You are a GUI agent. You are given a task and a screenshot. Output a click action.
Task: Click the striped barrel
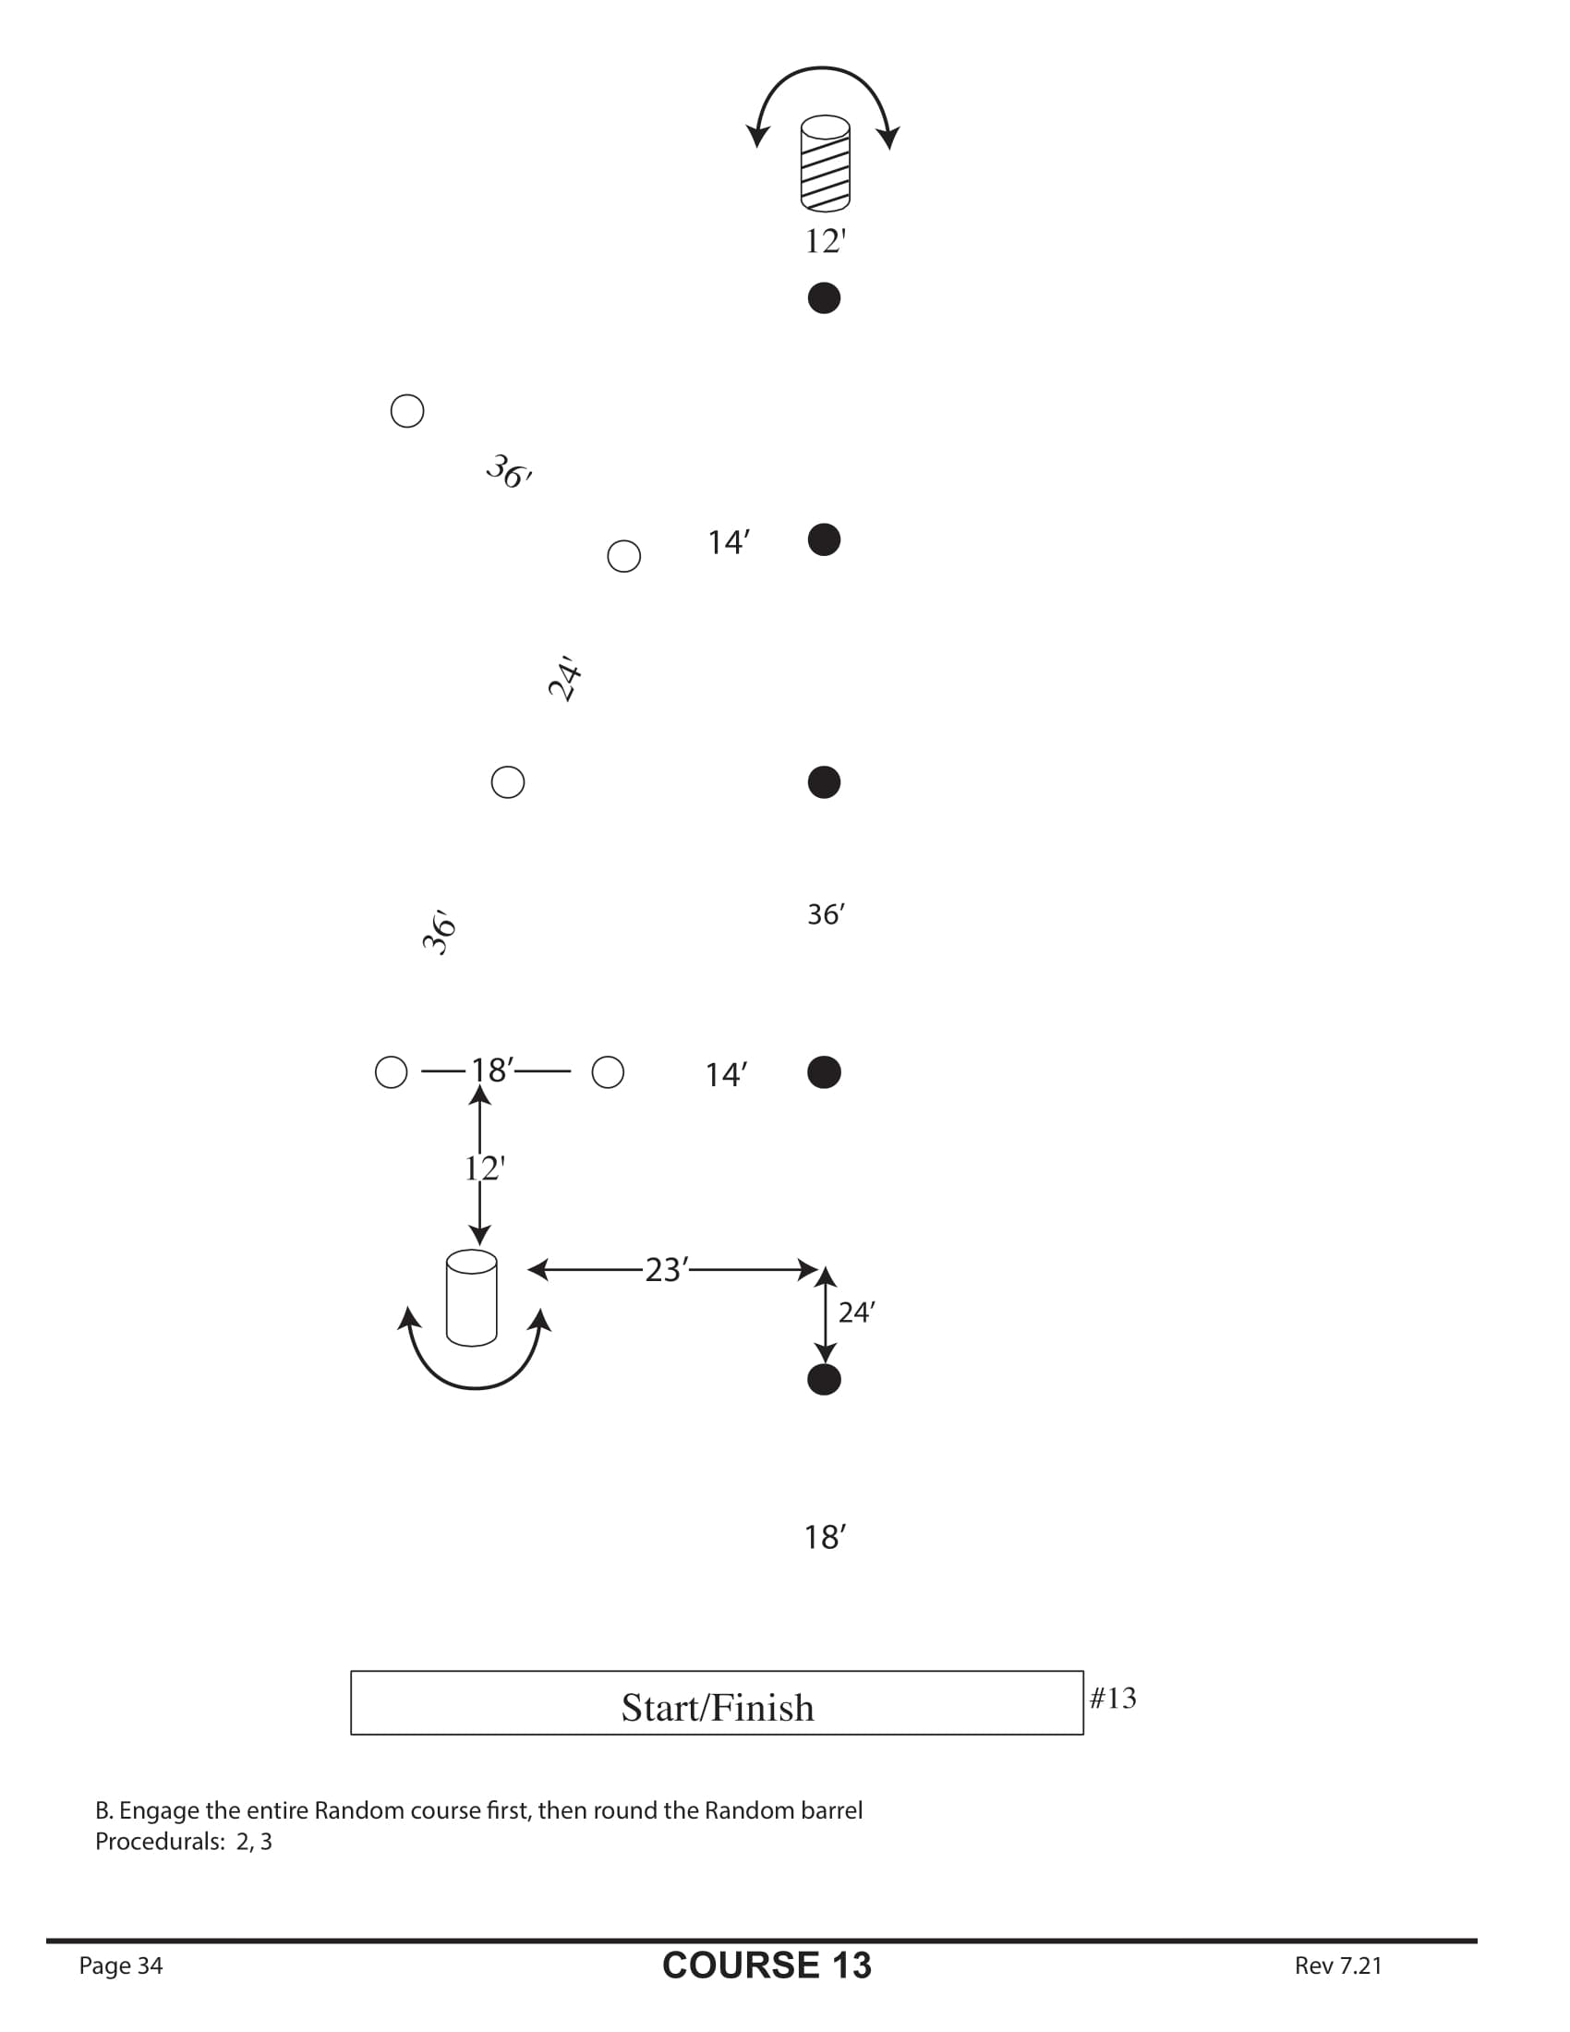(825, 163)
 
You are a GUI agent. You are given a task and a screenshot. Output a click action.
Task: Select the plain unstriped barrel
(472, 1298)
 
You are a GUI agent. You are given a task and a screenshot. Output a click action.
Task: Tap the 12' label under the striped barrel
(825, 241)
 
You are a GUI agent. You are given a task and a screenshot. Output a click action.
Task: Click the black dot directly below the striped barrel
(824, 297)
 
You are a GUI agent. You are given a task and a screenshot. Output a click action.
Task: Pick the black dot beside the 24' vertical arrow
(824, 1380)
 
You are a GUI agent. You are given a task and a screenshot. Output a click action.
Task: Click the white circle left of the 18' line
(391, 1071)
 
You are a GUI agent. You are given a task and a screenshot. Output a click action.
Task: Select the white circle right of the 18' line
(608, 1071)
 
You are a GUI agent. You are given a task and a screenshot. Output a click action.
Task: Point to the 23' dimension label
(667, 1270)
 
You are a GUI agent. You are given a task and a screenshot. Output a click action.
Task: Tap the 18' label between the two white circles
(492, 1070)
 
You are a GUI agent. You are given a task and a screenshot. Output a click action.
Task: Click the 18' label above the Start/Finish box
(825, 1537)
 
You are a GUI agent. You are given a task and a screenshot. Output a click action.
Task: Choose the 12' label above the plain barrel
(485, 1167)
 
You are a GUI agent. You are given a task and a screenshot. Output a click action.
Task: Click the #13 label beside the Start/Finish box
(1113, 1698)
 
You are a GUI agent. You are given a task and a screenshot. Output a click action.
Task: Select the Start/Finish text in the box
(717, 1708)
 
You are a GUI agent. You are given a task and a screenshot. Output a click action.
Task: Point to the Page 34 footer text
(121, 1965)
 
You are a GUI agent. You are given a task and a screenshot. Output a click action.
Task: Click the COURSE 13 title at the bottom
(767, 1965)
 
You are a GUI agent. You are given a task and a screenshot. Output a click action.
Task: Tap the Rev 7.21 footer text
(1337, 1965)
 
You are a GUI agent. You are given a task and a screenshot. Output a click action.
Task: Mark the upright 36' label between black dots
(825, 914)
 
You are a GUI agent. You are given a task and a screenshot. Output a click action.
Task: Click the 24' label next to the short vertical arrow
(856, 1312)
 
